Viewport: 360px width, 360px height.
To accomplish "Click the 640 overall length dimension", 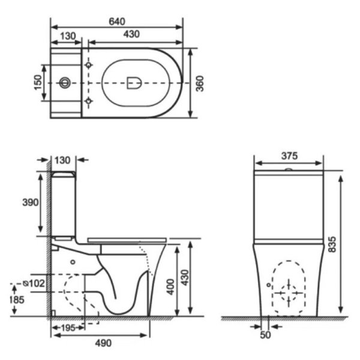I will pos(116,20).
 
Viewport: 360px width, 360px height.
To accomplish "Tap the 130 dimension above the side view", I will pos(63,160).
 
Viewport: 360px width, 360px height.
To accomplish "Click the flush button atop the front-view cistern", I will pos(289,170).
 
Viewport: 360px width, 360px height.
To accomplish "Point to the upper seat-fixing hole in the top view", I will pos(89,64).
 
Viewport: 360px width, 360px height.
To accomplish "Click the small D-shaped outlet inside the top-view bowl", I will pos(133,82).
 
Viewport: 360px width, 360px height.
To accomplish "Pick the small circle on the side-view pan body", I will pos(73,262).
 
